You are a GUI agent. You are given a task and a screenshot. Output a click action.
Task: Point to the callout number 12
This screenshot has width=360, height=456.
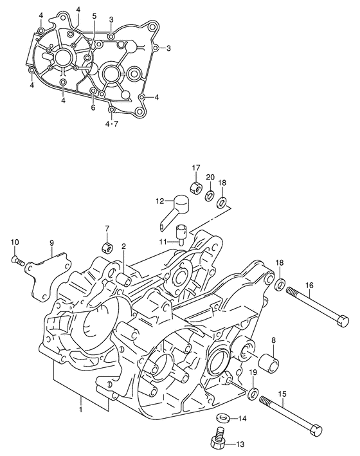click(159, 201)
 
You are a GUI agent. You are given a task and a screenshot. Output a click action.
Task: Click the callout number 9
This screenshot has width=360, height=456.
click(52, 243)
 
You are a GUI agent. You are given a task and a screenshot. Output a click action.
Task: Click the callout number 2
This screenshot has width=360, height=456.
click(123, 246)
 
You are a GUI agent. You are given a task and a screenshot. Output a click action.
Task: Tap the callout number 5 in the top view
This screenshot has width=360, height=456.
click(94, 15)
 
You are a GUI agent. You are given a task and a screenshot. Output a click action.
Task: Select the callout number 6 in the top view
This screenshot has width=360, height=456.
click(93, 107)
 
